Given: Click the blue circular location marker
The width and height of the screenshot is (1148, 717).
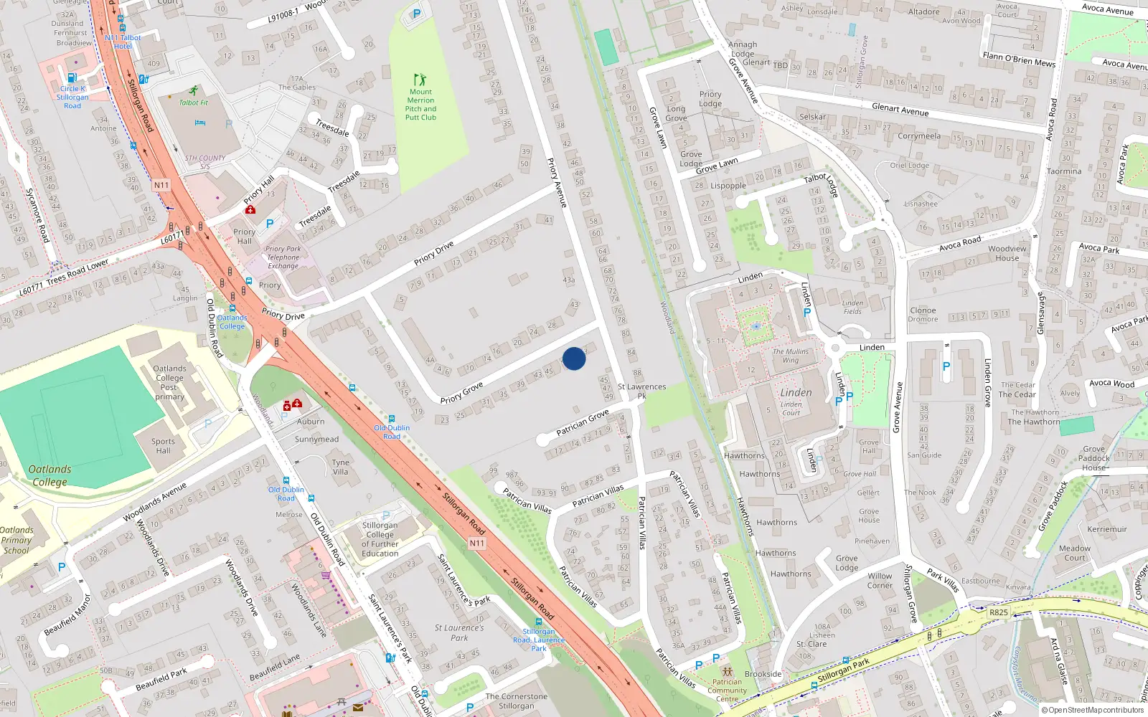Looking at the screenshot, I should click(574, 358).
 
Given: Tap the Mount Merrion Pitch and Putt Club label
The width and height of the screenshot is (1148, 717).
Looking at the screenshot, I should click(420, 105).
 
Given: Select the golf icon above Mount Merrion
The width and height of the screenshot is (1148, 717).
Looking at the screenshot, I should click(420, 79).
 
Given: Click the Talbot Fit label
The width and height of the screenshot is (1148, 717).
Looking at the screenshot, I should click(194, 103).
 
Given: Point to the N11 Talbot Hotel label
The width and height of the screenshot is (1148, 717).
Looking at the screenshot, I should click(123, 42).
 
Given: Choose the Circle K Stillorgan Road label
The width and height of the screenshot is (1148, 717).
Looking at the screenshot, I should click(72, 98).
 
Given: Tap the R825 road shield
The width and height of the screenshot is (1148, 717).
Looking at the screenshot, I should click(999, 612).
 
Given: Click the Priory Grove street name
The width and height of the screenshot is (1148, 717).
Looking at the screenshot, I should click(461, 393).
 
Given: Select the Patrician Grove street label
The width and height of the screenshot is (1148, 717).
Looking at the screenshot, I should click(583, 422).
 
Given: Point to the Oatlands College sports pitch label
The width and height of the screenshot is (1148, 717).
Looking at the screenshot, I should click(50, 475).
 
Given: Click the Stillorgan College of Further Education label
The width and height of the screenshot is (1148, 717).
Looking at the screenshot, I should click(380, 539).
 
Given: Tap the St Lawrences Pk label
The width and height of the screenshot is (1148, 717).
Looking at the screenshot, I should click(641, 391).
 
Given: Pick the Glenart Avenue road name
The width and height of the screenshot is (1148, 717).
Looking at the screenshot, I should click(900, 110).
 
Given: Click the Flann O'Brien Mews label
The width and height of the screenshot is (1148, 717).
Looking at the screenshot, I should click(1019, 60).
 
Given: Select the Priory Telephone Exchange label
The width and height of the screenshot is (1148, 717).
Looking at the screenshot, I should click(283, 257).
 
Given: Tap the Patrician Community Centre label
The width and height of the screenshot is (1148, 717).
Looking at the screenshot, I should click(727, 690).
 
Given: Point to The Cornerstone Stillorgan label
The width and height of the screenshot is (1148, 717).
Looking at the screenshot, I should click(516, 701).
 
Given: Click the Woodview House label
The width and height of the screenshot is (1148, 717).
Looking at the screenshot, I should click(1007, 254).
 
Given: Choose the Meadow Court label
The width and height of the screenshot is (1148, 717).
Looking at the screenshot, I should click(1074, 553).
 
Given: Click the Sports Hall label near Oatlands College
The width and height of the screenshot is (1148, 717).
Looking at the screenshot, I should click(163, 446).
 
